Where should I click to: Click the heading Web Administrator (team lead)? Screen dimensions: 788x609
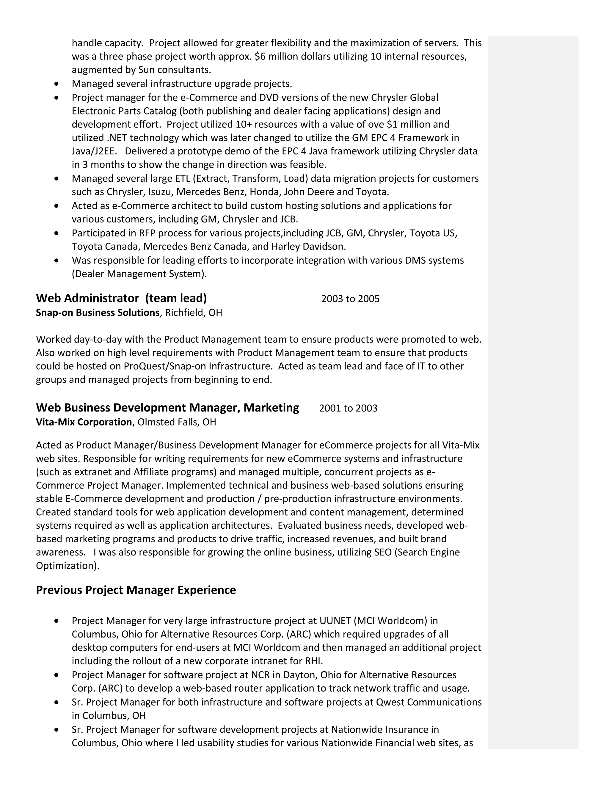click(121, 298)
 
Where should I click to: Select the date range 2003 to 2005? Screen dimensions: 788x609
click(350, 299)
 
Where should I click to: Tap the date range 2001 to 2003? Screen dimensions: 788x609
click(348, 409)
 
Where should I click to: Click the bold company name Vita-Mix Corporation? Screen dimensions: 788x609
click(84, 422)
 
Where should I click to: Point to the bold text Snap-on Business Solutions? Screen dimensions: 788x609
click(98, 313)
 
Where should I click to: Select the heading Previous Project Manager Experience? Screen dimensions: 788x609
click(136, 590)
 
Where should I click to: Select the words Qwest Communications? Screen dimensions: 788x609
click(429, 702)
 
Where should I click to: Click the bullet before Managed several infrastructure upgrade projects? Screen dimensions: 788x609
click(56, 84)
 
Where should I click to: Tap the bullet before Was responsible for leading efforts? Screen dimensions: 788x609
click(56, 260)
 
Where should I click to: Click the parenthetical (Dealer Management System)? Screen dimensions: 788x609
click(139, 274)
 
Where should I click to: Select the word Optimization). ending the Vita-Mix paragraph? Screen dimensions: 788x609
click(68, 566)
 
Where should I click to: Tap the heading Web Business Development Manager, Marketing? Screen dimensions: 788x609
click(167, 408)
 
